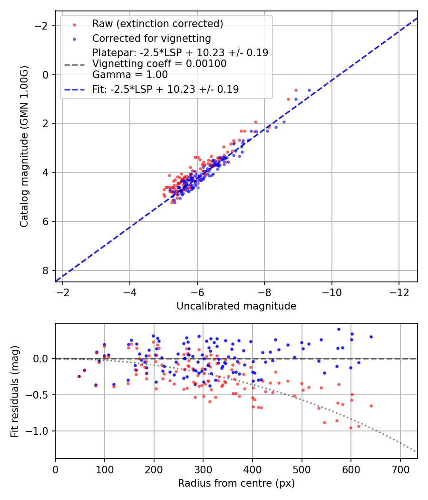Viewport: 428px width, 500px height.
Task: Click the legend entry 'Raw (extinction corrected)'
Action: point(157,24)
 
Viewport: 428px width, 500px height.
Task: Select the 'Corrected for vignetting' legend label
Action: point(151,38)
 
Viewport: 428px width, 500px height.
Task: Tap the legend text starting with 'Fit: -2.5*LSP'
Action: point(165,89)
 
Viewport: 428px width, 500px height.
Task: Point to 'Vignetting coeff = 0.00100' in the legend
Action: point(159,63)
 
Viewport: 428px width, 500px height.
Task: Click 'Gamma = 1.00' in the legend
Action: point(130,74)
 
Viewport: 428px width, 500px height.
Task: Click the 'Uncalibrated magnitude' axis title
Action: point(236,306)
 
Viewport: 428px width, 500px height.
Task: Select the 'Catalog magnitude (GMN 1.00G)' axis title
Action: point(24,146)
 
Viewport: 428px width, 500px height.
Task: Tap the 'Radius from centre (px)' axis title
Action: point(236,483)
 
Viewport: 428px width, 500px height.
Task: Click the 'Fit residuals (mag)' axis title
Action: point(15,391)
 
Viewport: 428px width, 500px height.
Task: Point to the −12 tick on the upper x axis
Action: point(399,292)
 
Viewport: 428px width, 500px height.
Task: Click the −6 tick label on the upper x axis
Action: point(197,292)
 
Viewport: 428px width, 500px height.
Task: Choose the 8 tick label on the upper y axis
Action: point(46,270)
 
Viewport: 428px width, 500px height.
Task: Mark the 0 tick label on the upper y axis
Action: point(46,75)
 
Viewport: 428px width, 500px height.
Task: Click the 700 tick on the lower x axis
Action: point(400,469)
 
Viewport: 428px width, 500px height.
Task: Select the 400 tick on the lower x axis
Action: point(253,469)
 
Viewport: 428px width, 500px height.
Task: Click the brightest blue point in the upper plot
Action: point(309,90)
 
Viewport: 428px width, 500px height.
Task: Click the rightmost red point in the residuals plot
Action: point(371,406)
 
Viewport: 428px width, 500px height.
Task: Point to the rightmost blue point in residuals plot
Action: point(371,337)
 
